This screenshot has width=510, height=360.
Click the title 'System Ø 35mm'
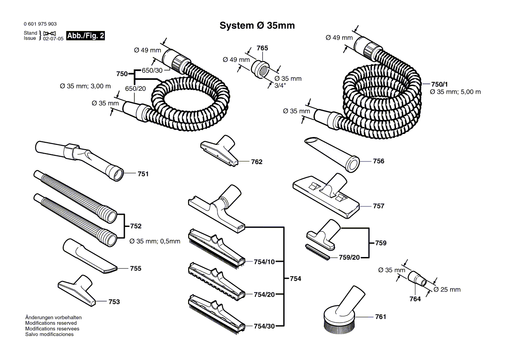[257, 26]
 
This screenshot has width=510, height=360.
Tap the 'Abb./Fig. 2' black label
[86, 36]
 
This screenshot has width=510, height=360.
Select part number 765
[262, 48]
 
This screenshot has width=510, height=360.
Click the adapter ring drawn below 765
[261, 68]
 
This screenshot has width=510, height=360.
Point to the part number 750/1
[439, 84]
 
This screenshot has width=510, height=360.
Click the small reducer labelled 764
[417, 279]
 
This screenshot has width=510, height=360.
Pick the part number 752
[136, 226]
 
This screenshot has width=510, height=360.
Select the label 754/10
[264, 262]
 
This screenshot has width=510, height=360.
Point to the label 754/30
[264, 326]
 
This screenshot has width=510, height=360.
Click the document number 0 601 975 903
[40, 24]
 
